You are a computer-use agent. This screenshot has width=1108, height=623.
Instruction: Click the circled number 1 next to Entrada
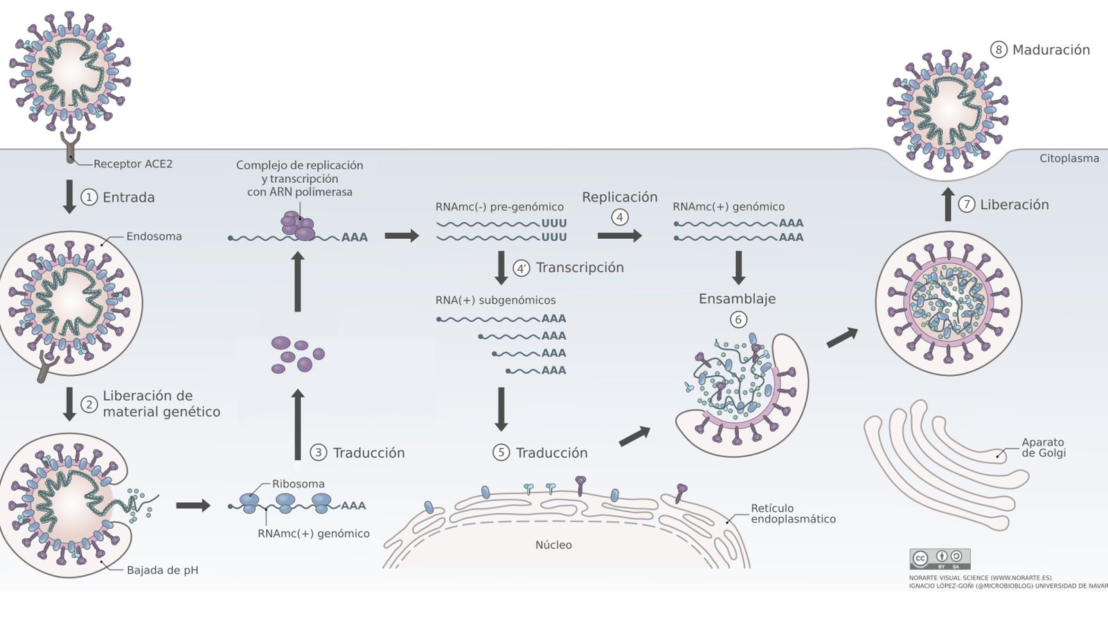click(x=89, y=197)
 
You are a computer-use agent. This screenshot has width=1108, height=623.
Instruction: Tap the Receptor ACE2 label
click(x=133, y=164)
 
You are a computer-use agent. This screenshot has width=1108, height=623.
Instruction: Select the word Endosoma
click(x=154, y=237)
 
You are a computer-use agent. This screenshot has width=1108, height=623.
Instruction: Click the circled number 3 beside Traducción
click(x=318, y=453)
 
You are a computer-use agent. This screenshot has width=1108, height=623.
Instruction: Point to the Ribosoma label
click(x=298, y=484)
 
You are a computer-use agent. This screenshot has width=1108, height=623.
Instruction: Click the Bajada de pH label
click(x=162, y=570)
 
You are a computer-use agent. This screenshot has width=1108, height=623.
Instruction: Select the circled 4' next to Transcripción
click(x=521, y=268)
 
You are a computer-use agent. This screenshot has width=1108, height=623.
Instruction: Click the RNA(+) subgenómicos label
click(x=495, y=300)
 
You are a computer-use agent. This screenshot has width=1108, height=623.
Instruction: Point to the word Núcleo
click(x=553, y=545)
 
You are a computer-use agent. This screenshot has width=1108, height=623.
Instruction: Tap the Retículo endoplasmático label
click(x=793, y=514)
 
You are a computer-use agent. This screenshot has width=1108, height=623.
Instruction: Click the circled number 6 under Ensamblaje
click(x=738, y=320)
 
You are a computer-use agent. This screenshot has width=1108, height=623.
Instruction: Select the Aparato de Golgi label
click(x=1043, y=447)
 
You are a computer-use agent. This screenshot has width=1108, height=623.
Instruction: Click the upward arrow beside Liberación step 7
click(x=948, y=204)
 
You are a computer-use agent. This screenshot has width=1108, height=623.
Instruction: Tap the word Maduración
click(x=1051, y=50)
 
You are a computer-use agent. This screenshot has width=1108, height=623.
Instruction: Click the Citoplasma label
click(x=1069, y=159)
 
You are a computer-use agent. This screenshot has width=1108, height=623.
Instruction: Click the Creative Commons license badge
click(x=939, y=559)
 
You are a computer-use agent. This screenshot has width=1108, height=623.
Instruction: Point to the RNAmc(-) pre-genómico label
click(x=499, y=207)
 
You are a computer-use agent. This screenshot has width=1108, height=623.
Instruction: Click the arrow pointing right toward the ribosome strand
click(x=193, y=505)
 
